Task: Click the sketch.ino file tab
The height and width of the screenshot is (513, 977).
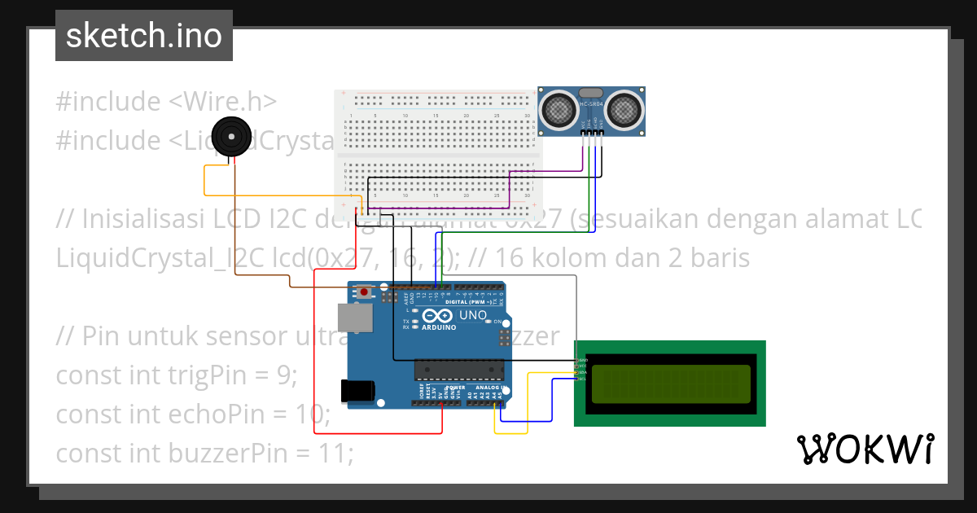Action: click(x=143, y=36)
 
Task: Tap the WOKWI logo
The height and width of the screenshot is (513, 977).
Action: click(x=865, y=449)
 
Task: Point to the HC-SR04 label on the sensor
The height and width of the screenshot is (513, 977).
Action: click(x=591, y=105)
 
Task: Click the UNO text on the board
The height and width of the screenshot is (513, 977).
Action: click(x=473, y=315)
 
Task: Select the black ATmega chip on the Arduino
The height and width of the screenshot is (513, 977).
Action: click(x=458, y=370)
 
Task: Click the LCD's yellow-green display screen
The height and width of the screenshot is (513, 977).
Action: click(x=671, y=384)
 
